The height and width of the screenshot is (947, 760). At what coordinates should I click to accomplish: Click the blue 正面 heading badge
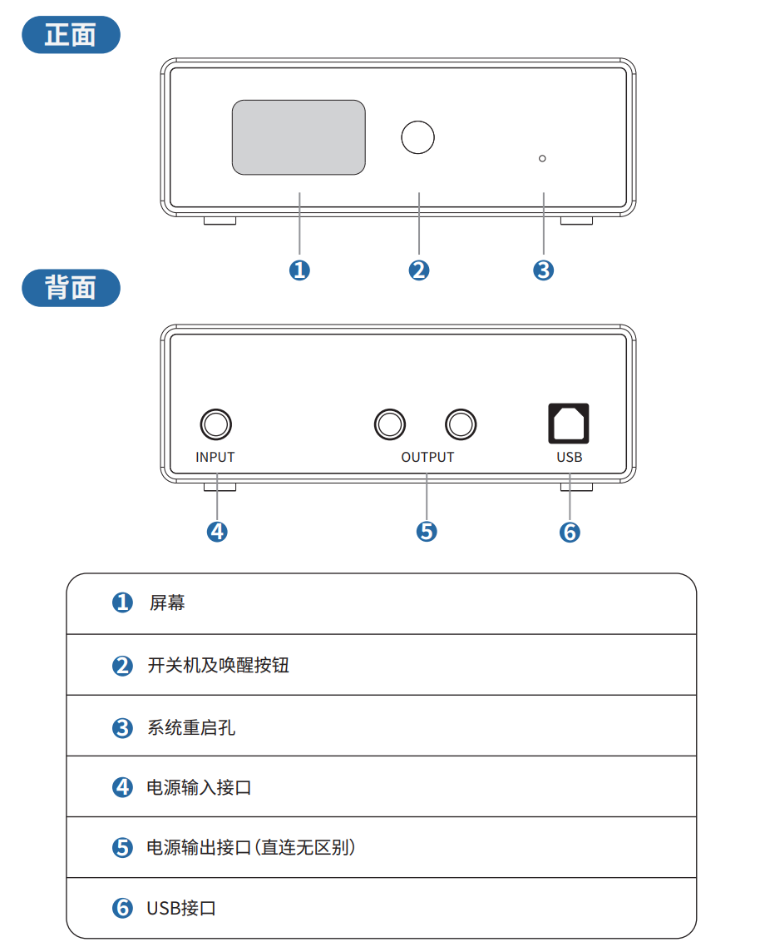(x=71, y=35)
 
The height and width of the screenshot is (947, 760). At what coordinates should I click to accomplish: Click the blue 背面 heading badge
(x=71, y=288)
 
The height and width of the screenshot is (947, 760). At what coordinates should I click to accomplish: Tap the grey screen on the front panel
(x=299, y=137)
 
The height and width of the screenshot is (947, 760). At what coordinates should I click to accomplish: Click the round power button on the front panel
(x=418, y=137)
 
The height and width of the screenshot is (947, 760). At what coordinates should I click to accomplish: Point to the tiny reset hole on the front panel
(x=543, y=157)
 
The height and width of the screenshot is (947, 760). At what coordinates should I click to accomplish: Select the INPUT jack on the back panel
(x=216, y=424)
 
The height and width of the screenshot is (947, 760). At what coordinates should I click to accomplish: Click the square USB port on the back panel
(x=569, y=424)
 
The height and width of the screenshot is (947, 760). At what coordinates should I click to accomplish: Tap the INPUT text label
(x=215, y=457)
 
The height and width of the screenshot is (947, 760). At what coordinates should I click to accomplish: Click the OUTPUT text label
(x=427, y=457)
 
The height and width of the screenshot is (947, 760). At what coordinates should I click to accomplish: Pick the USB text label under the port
(x=570, y=457)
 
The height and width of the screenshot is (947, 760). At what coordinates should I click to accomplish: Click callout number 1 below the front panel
(x=299, y=270)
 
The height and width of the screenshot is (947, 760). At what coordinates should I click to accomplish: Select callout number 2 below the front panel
(x=419, y=270)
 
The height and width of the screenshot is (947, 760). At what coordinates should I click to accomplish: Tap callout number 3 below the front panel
(x=543, y=270)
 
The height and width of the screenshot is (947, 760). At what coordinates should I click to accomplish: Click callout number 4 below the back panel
(x=217, y=531)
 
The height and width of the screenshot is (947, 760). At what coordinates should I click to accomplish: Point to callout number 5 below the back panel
(x=427, y=531)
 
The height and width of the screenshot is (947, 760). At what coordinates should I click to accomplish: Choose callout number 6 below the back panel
(x=570, y=531)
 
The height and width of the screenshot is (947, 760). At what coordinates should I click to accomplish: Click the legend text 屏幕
(x=167, y=603)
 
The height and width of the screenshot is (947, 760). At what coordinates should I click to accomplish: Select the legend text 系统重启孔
(x=191, y=727)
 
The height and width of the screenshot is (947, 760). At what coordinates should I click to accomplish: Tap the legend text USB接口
(x=181, y=908)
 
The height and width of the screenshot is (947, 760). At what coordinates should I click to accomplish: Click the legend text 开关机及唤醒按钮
(x=218, y=666)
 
